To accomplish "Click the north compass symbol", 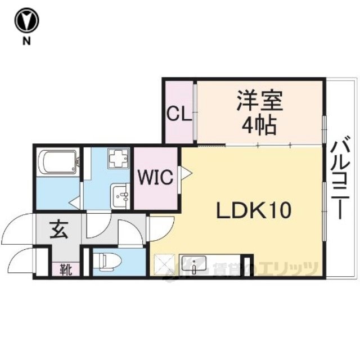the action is tap(27, 21).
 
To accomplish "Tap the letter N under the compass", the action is tap(26, 41).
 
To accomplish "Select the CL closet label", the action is tap(179, 114).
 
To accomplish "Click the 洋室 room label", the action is tap(259, 101).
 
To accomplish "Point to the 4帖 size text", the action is tap(259, 126).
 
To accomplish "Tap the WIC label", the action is tap(155, 177).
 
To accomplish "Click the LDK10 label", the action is tap(254, 210).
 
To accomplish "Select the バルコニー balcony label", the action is tap(340, 178).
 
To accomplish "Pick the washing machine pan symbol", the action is tap(119, 157).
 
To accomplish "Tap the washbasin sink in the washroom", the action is tap(120, 196).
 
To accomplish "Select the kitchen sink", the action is tap(194, 264).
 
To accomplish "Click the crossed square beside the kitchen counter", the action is tap(164, 265).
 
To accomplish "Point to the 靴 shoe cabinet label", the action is tap(66, 269).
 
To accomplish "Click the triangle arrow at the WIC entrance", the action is tap(186, 173).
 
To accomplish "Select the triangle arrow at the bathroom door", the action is tap(74, 202).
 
